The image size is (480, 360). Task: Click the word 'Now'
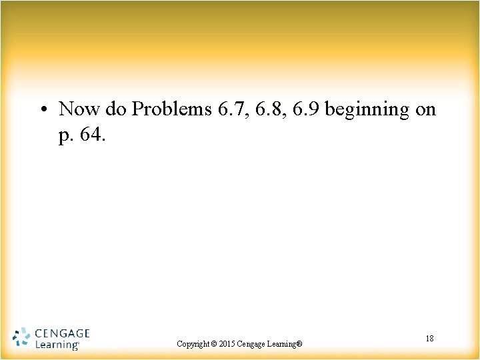pyautogui.click(x=80, y=109)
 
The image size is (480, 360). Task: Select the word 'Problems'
pyautogui.click(x=172, y=109)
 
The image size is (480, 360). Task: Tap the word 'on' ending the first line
pyautogui.click(x=425, y=109)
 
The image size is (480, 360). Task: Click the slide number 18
pyautogui.click(x=429, y=339)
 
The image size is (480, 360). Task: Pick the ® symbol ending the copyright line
pyautogui.click(x=299, y=344)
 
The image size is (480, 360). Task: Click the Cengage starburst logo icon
pyautogui.click(x=21, y=337)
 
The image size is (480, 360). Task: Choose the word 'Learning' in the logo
pyautogui.click(x=56, y=345)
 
